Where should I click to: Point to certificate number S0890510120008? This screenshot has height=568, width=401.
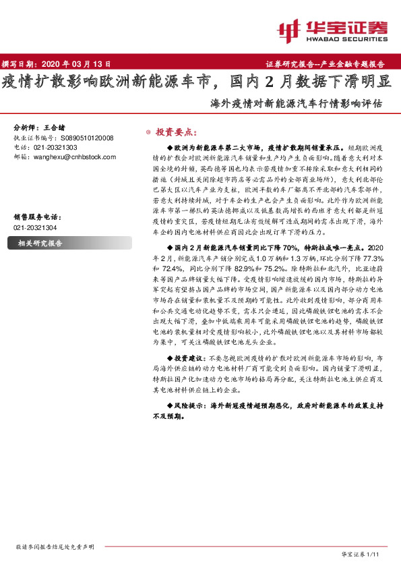click(x=84, y=138)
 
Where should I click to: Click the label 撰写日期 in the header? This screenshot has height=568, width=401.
click(x=20, y=64)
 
